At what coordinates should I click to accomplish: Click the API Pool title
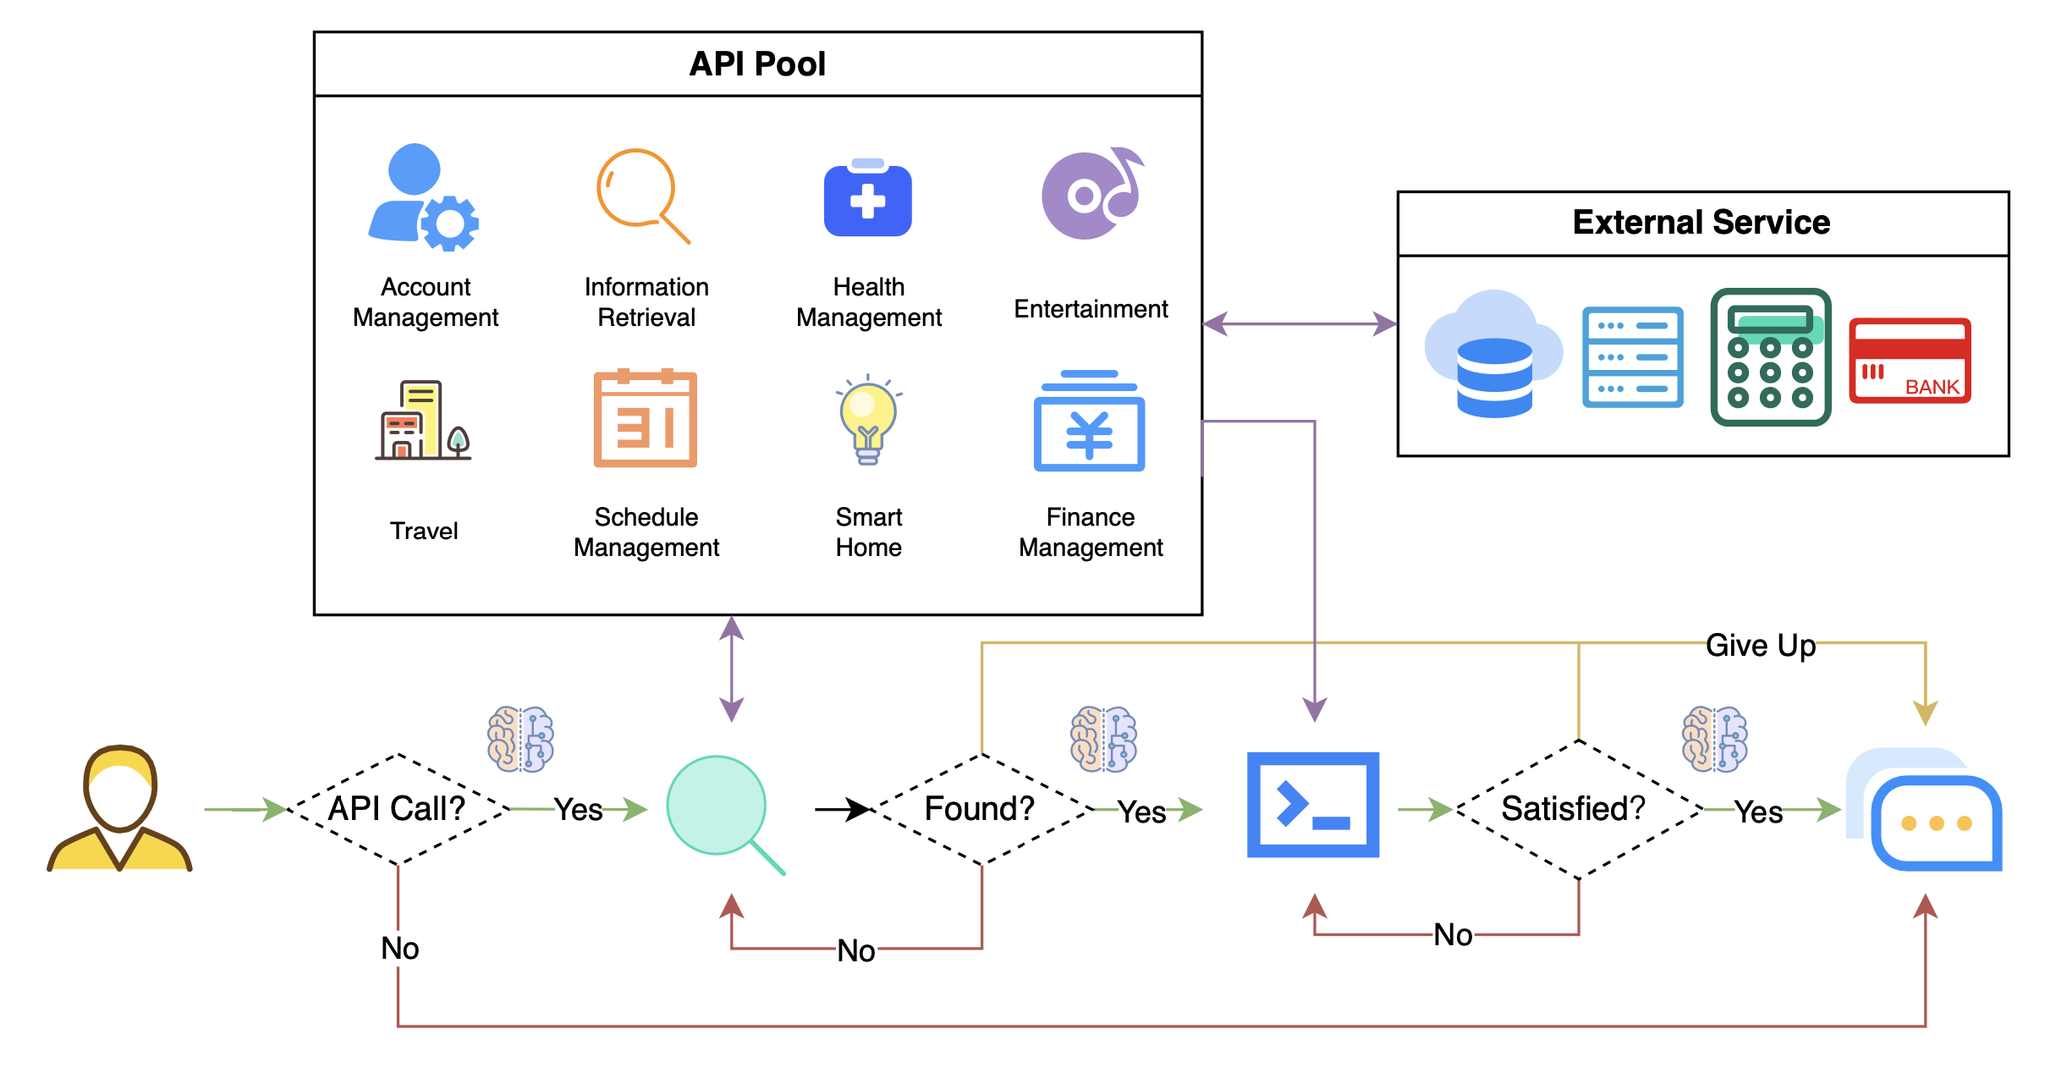757,64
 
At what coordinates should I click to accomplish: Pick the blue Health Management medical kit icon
867,199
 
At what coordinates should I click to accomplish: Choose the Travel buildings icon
422,420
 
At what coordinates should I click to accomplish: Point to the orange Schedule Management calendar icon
645,419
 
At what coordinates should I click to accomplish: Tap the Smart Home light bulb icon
868,421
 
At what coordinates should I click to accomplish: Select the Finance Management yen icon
1089,422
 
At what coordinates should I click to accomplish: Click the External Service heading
1701,222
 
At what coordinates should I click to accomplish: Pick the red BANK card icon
1909,361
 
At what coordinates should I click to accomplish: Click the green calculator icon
1770,357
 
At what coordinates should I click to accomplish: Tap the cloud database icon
1492,354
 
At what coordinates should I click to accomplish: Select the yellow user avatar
119,809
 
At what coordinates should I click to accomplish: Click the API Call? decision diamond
397,809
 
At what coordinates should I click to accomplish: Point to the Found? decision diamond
981,809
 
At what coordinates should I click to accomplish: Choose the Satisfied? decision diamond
1577,809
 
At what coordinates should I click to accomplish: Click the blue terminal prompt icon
1313,805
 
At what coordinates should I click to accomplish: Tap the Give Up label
1760,645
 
